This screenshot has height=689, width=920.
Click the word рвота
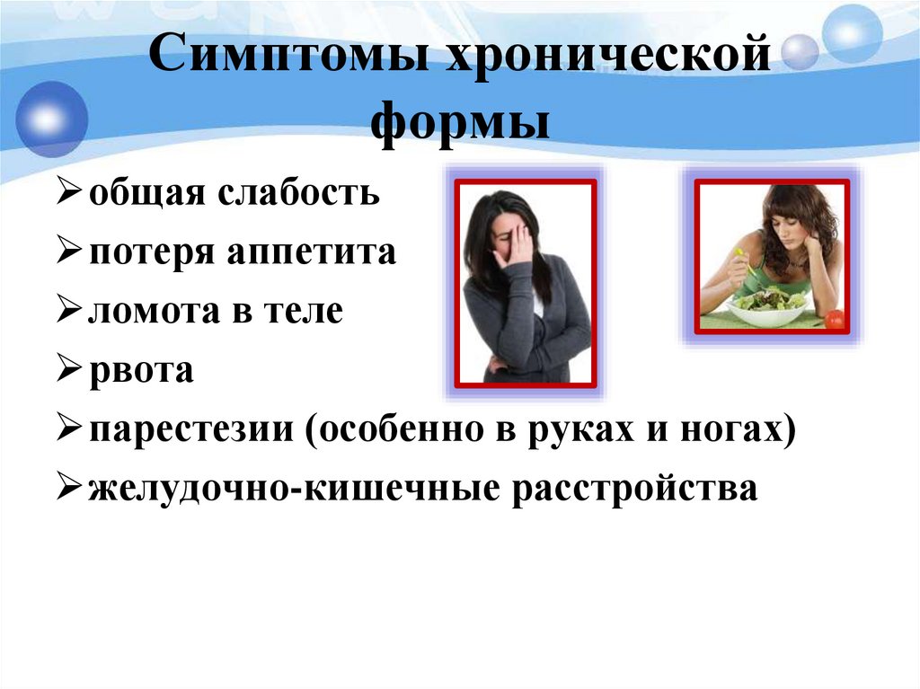pyautogui.click(x=140, y=371)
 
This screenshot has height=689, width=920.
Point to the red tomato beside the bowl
pyautogui.click(x=835, y=319)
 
